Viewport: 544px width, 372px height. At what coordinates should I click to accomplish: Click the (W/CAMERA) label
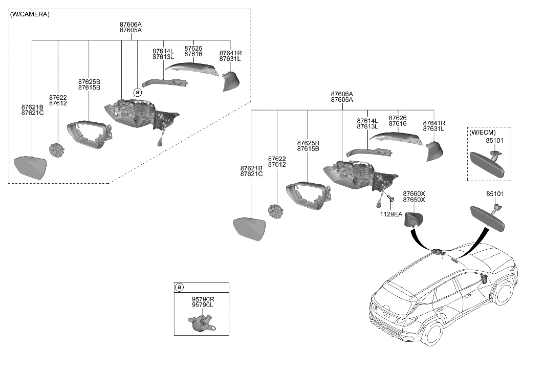tap(30, 14)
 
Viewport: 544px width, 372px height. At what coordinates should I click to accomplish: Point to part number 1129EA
tap(391, 214)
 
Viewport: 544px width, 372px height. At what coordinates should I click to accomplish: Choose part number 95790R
tap(203, 298)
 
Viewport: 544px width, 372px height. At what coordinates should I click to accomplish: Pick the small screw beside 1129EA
tap(390, 197)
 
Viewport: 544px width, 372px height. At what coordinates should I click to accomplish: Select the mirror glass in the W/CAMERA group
tap(31, 168)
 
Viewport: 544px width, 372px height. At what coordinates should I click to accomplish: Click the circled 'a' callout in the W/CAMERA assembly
tap(137, 93)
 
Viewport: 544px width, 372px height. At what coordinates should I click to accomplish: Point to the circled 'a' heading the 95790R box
tap(179, 287)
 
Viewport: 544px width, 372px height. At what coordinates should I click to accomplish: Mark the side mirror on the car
tap(483, 279)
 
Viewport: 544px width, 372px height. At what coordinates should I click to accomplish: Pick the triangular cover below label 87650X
tap(412, 221)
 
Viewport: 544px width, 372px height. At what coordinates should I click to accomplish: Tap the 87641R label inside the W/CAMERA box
tap(230, 53)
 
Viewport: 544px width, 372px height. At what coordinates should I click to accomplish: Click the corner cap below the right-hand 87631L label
tap(433, 150)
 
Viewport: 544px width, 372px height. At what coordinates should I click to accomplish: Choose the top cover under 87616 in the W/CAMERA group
tap(194, 67)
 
